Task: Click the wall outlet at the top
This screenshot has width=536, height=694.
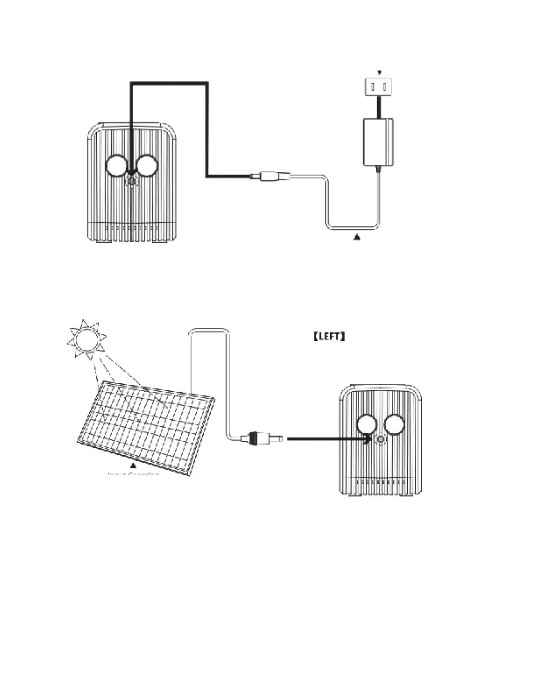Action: click(378, 87)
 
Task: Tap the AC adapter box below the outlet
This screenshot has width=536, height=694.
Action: click(378, 142)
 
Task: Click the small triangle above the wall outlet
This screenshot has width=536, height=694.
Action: click(379, 73)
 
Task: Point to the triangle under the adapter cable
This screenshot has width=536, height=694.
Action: click(357, 237)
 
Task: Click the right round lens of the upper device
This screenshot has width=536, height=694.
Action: click(146, 166)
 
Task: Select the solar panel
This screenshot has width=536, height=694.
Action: click(146, 427)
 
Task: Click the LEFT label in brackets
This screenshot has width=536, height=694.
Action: click(329, 336)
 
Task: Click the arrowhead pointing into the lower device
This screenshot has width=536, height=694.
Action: click(367, 439)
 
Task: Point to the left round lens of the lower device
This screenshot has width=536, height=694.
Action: click(367, 425)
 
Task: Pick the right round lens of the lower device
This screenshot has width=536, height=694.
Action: click(394, 425)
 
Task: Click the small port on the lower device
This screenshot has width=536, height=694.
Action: click(380, 439)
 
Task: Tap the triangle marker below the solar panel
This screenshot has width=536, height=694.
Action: click(133, 466)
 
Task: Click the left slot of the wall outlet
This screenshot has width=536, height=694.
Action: click(373, 87)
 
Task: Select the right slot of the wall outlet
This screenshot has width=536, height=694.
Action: click(384, 87)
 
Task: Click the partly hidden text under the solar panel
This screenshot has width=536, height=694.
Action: click(133, 474)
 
